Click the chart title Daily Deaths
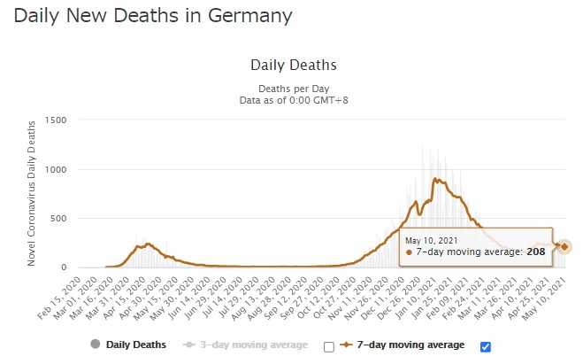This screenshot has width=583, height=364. point(293,66)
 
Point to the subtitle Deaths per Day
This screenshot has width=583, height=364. point(293,89)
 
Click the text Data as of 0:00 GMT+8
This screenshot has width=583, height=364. point(293,101)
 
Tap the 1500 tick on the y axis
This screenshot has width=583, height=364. point(57,120)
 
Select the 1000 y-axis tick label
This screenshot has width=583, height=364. point(57,169)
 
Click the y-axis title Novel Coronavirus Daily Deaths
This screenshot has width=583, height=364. point(32,194)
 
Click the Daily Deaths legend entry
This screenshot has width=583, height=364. point(135,345)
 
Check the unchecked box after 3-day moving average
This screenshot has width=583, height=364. point(329,346)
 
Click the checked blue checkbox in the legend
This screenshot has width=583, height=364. point(484,346)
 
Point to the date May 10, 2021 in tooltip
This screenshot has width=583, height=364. point(432,240)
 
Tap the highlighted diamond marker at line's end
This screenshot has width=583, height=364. point(565,246)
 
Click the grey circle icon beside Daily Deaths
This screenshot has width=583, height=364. point(94,345)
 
